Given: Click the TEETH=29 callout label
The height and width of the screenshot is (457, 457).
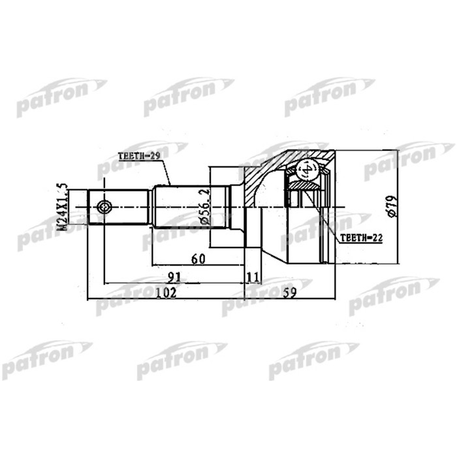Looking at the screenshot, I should tap(139, 157).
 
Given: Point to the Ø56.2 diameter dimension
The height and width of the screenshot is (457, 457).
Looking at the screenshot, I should tap(204, 207).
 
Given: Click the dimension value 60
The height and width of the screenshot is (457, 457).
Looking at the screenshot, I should tap(198, 259).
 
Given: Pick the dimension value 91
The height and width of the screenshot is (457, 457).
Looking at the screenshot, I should tap(174, 277).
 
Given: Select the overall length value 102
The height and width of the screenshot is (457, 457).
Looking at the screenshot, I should tap(168, 292).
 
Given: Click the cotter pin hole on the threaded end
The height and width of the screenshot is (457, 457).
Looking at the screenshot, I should tap(104, 208).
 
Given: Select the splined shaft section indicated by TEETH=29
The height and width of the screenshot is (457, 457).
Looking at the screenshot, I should tap(189, 208).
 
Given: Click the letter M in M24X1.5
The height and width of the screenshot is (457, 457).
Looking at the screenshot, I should tap(63, 226).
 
